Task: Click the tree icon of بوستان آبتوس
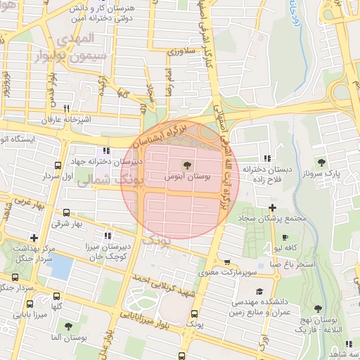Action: tap(188, 166)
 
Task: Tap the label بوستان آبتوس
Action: tap(188, 178)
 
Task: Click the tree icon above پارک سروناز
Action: tap(322, 162)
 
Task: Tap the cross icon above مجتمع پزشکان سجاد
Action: tap(272, 207)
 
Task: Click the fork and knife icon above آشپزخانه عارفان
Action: tap(67, 109)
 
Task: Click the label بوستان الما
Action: tap(68, 338)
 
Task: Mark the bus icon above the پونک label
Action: tap(194, 314)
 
